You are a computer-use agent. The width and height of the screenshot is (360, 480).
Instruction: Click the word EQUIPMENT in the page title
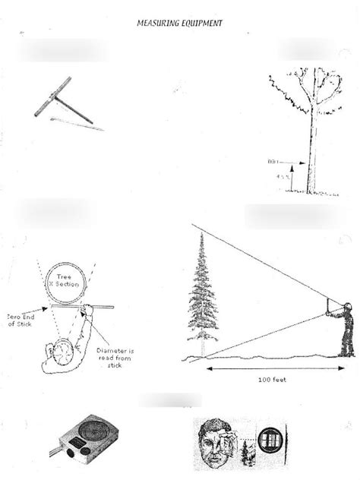click(201, 24)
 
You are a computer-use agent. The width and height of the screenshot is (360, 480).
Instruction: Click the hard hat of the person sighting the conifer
click(347, 306)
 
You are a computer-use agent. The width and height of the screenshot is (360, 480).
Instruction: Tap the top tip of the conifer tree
click(201, 235)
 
